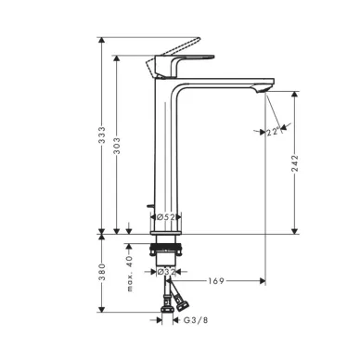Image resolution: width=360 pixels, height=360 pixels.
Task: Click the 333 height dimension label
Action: (102, 135)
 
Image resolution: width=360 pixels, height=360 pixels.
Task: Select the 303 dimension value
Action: (117, 147)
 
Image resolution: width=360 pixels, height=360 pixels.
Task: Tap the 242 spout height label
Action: (295, 163)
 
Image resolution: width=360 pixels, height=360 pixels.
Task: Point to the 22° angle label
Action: (273, 132)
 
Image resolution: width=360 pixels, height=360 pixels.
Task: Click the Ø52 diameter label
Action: (165, 217)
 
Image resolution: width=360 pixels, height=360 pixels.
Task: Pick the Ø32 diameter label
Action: (166, 272)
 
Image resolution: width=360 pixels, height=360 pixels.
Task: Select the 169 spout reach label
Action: (216, 281)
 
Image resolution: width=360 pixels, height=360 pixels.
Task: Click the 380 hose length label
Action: (102, 272)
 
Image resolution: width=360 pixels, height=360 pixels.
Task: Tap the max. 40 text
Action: (130, 274)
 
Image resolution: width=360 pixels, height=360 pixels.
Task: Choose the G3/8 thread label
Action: (196, 320)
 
